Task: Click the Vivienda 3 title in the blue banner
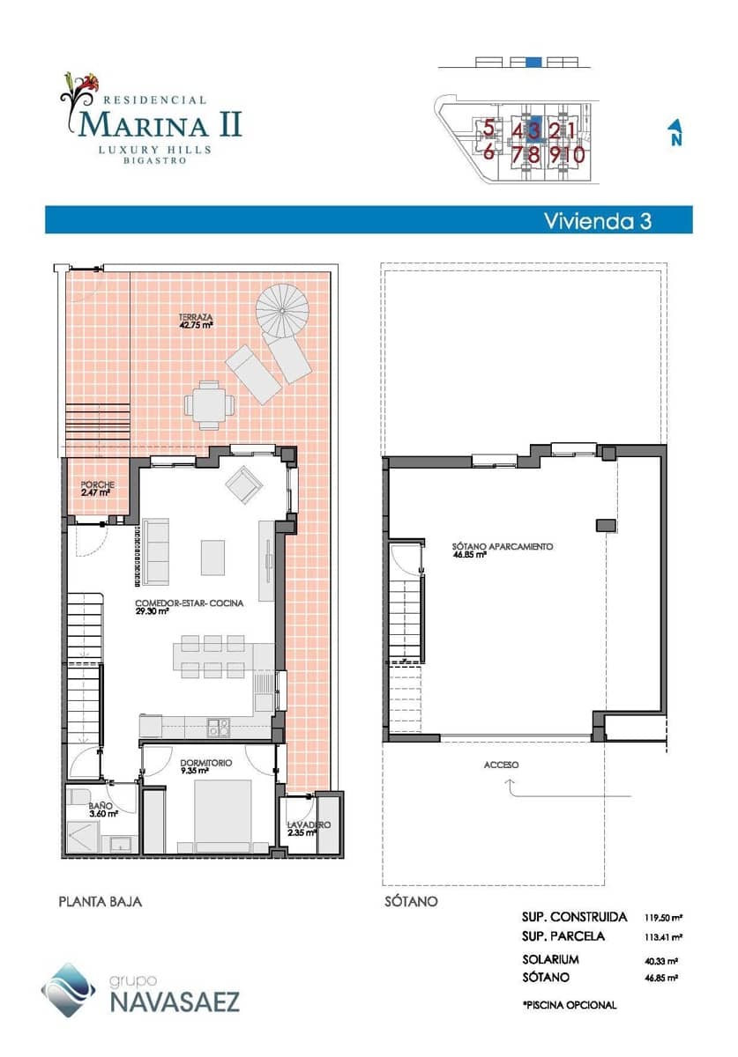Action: pyautogui.click(x=597, y=220)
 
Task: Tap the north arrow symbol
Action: pyautogui.click(x=675, y=133)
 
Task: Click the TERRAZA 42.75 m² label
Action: pyautogui.click(x=196, y=321)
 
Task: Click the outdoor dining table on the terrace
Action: pyautogui.click(x=210, y=405)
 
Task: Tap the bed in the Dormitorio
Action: pyautogui.click(x=223, y=815)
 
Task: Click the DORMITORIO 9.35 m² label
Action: pyautogui.click(x=205, y=765)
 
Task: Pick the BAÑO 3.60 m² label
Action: pyautogui.click(x=102, y=809)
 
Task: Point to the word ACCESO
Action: pyautogui.click(x=501, y=765)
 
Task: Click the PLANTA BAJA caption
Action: pyautogui.click(x=100, y=902)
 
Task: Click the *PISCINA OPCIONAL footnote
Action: pyautogui.click(x=570, y=1004)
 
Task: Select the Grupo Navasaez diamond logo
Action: pyautogui.click(x=68, y=988)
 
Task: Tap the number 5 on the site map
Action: pyautogui.click(x=488, y=129)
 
